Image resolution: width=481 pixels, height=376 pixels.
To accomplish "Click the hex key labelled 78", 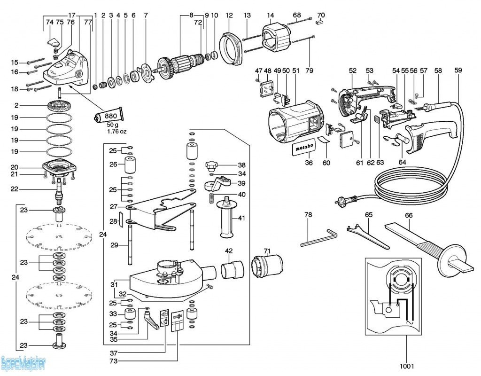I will tap(318, 237).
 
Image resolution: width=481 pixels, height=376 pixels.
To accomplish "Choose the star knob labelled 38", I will tap(213, 166).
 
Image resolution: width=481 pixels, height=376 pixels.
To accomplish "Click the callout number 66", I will tap(409, 215).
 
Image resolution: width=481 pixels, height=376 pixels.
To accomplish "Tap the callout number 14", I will tap(270, 15).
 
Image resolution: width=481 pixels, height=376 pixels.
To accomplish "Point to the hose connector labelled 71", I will tap(267, 266).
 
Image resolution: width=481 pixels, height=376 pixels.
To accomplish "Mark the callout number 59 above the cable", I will tap(458, 70).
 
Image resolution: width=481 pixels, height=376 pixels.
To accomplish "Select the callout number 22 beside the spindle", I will tap(15, 189).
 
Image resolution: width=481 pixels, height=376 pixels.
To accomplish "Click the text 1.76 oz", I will tap(115, 132).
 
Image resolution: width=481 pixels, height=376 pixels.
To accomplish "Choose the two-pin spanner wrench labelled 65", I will tap(368, 235).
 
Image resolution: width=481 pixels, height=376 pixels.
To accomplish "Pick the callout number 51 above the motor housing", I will tap(295, 70).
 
